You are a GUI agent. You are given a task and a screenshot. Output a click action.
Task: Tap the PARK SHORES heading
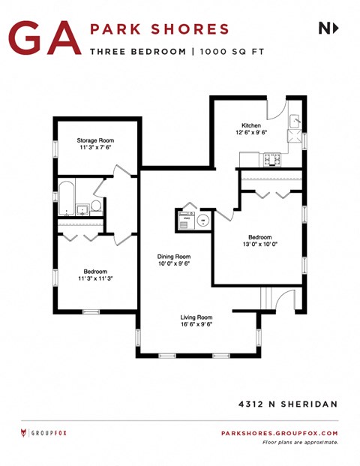point(159,29)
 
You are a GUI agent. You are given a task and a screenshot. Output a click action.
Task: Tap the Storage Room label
point(95,140)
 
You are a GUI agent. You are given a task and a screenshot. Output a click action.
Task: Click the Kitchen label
point(250,125)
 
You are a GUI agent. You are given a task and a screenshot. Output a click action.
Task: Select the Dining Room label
point(173,257)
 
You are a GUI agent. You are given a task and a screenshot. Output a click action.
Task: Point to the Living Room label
point(196,317)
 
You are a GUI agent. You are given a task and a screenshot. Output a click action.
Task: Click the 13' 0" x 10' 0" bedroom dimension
point(260,244)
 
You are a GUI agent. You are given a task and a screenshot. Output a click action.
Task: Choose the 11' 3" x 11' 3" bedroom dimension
point(95,278)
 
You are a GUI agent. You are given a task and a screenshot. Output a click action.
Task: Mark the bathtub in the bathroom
point(66,198)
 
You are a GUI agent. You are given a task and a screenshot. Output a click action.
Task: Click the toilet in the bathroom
point(96,208)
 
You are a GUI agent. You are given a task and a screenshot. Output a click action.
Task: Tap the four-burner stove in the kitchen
point(271,159)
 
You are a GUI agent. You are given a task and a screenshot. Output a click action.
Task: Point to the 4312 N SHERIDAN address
point(283,404)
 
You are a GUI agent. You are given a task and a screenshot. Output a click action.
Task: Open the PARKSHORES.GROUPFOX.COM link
point(280,433)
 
